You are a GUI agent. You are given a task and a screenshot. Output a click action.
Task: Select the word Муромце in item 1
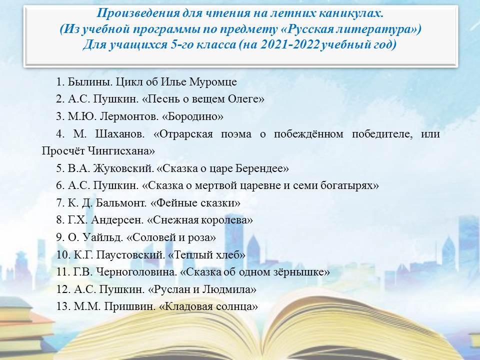[213, 82]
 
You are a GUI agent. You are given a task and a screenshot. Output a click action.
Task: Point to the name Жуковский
[122, 168]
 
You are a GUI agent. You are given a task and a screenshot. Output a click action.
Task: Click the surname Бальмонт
[121, 203]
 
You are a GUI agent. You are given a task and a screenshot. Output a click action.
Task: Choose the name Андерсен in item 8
[117, 220]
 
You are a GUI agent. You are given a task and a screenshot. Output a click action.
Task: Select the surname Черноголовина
[136, 272]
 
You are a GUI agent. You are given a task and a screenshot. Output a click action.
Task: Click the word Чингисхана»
[121, 151]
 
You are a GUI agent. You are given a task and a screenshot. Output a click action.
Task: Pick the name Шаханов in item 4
[119, 134]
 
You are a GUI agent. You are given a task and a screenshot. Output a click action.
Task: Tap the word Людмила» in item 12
[228, 289]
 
